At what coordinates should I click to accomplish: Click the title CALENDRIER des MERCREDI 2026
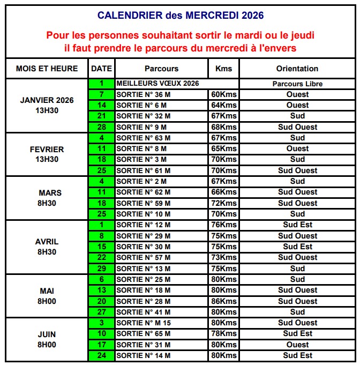[x=180, y=15]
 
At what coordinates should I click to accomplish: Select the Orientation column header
[x=297, y=69]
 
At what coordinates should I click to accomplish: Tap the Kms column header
[x=223, y=69]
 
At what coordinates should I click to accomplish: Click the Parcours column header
[x=161, y=69]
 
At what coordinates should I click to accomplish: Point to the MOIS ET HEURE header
[x=47, y=69]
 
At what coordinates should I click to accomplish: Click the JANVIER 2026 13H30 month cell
[x=47, y=106]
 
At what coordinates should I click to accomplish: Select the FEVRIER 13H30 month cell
[x=47, y=154]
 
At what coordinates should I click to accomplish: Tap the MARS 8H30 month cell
[x=47, y=198]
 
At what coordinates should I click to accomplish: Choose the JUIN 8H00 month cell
[x=47, y=339]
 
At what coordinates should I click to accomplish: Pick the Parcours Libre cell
[x=297, y=84]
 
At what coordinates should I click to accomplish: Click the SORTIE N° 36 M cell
[x=161, y=94]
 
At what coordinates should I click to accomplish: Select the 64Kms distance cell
[x=224, y=105]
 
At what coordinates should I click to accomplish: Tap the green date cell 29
[x=101, y=269]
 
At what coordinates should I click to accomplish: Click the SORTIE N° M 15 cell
[x=161, y=323]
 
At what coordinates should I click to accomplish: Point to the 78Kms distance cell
[x=224, y=333]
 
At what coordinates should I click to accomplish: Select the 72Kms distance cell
[x=224, y=203]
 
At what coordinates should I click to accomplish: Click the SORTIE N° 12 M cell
[x=161, y=225]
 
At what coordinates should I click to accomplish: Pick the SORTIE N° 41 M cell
[x=161, y=312]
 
